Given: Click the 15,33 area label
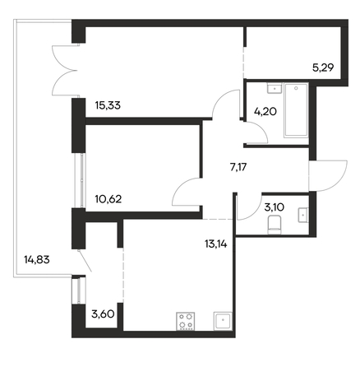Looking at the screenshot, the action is (x=108, y=105).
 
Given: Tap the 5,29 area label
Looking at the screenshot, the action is (x=323, y=67).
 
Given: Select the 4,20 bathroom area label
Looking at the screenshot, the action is (x=265, y=111).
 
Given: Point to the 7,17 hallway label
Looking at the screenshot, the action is (x=238, y=166).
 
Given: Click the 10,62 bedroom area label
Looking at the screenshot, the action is (x=108, y=199).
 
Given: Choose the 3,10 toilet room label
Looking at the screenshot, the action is (x=274, y=207).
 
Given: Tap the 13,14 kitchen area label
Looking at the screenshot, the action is (x=216, y=244).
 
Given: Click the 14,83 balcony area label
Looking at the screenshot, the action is (x=37, y=259).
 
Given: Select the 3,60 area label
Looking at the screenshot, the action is (x=103, y=314).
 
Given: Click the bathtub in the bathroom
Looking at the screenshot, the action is (x=297, y=110).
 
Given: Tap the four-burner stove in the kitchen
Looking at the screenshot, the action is (x=186, y=321).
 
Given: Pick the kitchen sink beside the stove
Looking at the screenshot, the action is (x=223, y=321).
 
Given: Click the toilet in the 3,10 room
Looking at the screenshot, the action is (x=274, y=225).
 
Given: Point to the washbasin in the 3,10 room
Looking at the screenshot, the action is (x=303, y=215).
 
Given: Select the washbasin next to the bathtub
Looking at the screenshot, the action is (x=275, y=89).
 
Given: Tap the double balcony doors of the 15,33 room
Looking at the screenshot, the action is (x=64, y=70).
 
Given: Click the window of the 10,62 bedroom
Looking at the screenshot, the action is (x=80, y=181).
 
